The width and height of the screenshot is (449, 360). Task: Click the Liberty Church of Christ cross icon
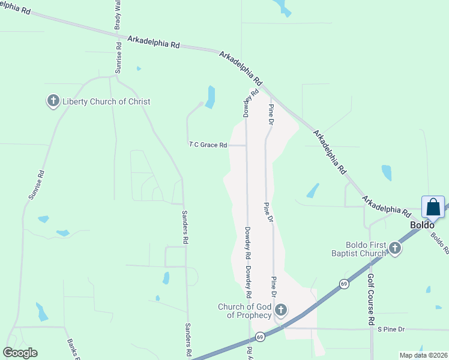pyautogui.click(x=53, y=101)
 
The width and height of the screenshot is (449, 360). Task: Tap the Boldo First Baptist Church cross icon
pyautogui.click(x=394, y=248)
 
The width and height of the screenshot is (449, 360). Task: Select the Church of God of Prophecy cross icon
pyautogui.click(x=281, y=311)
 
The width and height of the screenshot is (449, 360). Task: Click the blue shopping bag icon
pyautogui.click(x=433, y=207)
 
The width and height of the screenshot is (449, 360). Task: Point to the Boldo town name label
pyautogui.click(x=422, y=225)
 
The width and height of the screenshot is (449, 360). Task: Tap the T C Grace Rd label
pyautogui.click(x=208, y=145)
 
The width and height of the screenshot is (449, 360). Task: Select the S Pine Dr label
pyautogui.click(x=391, y=329)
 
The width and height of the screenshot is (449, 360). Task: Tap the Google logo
pyautogui.click(x=20, y=353)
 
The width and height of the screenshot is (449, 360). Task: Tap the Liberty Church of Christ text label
pyautogui.click(x=106, y=101)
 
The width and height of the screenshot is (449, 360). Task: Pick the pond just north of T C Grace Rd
pyautogui.click(x=210, y=97)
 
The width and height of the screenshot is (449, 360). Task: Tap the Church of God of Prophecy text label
pyautogui.click(x=245, y=311)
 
